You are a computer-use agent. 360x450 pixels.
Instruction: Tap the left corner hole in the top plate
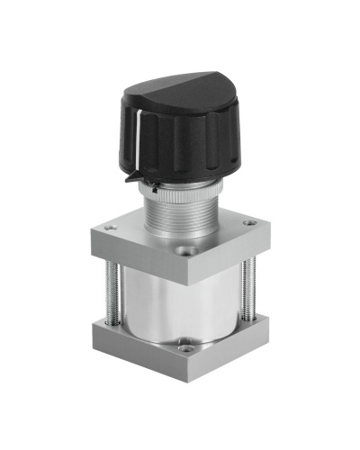point(111,229)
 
